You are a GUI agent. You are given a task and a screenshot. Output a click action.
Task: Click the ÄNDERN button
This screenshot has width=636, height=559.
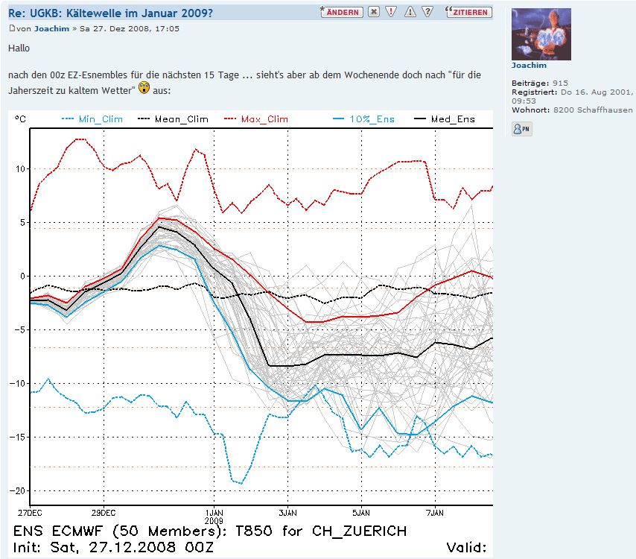[342, 12]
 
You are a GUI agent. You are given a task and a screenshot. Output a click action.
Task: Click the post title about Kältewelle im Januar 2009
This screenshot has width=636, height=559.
[111, 13]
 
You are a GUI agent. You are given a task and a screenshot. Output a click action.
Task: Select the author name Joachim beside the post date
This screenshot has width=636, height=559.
[51, 28]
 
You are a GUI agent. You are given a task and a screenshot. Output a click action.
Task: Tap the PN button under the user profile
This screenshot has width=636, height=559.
[521, 129]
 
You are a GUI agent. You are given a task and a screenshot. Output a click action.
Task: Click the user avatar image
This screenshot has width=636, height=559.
[541, 34]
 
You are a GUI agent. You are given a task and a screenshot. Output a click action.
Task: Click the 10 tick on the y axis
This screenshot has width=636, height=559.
[19, 168]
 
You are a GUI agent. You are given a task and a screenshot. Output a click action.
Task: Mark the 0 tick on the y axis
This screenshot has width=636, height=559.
[22, 276]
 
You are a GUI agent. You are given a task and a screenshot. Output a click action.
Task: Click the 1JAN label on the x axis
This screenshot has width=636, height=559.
[214, 513]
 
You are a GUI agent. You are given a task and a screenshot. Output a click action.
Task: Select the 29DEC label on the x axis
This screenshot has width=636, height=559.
[104, 513]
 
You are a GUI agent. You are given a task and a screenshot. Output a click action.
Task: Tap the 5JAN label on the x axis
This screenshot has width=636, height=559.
[361, 513]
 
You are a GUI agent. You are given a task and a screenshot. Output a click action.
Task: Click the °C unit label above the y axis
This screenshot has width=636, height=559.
[20, 119]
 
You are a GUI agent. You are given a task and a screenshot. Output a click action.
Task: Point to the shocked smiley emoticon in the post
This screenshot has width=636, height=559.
[144, 89]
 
